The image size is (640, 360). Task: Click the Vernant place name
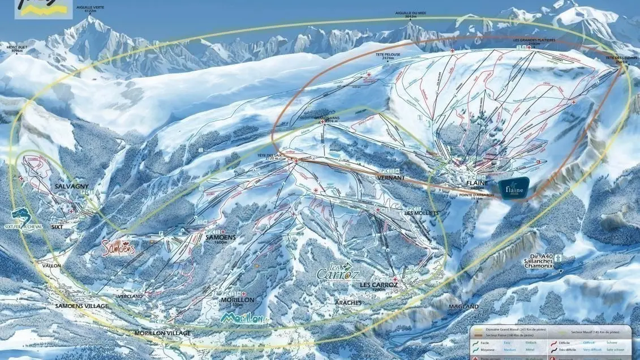click(391, 178)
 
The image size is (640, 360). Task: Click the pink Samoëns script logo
click(119, 247)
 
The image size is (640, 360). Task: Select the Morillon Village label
click(162, 333)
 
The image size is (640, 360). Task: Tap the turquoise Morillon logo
click(245, 318)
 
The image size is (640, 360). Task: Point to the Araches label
click(348, 303)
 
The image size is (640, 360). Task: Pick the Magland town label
click(463, 306)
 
